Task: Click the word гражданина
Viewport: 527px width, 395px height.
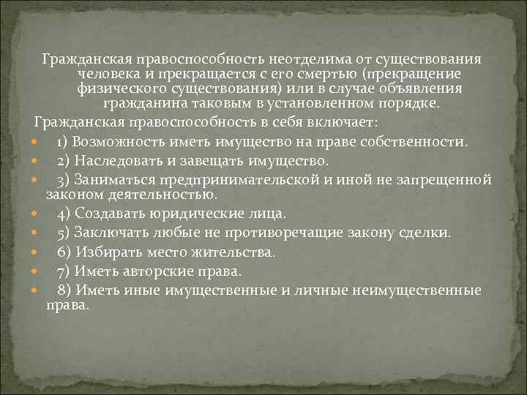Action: pos(145,104)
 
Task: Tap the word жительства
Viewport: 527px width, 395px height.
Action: pos(234,252)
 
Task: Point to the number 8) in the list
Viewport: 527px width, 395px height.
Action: pos(64,290)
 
